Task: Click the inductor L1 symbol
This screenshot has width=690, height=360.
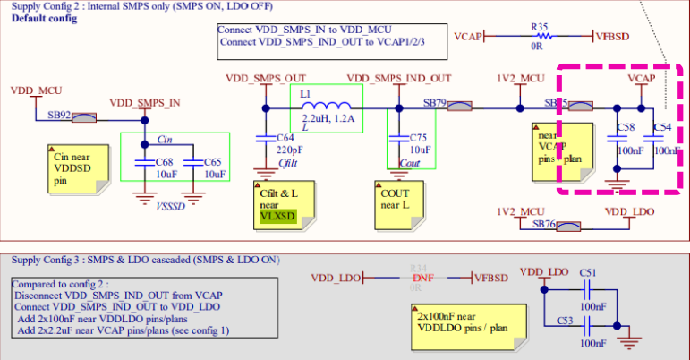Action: [x=328, y=106]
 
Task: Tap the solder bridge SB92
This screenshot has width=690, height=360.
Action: [x=82, y=116]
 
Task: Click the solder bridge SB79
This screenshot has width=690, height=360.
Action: [x=459, y=106]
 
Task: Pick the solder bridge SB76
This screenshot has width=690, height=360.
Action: [x=569, y=227]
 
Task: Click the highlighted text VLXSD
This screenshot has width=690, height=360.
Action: [x=276, y=216]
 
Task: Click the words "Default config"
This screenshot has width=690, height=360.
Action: [x=44, y=19]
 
